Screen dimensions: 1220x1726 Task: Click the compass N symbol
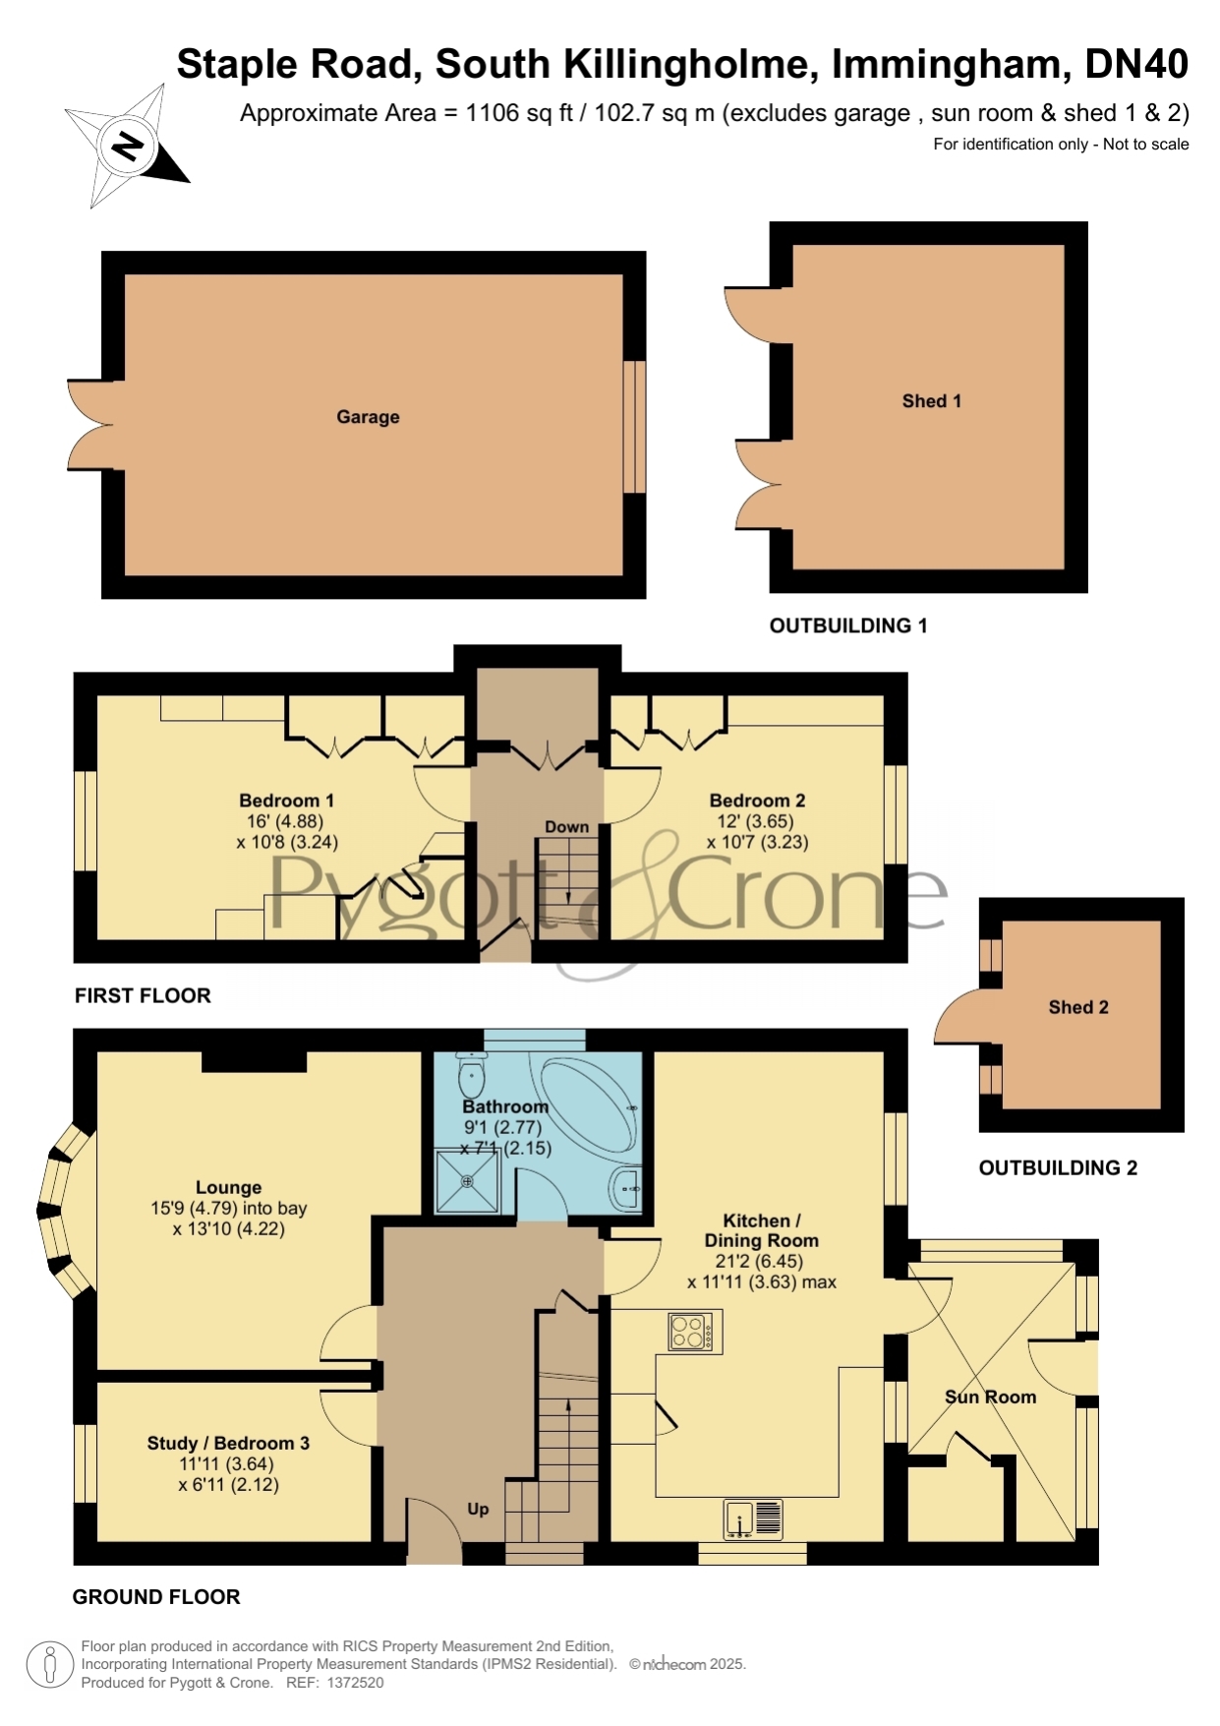[127, 147]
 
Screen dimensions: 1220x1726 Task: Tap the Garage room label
[368, 417]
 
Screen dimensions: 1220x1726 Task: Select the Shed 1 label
[932, 401]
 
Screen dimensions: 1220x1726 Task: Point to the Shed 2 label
[1078, 1007]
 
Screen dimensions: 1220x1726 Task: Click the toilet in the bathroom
[472, 1074]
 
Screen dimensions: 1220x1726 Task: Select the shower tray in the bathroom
[468, 1181]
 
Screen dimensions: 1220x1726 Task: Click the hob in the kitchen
[695, 1332]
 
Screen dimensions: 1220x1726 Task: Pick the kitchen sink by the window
[753, 1518]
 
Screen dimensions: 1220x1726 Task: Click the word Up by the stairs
[478, 1509]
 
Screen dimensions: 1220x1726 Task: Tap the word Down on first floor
[567, 827]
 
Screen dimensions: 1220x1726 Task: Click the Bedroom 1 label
[287, 801]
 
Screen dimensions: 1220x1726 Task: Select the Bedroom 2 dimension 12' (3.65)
[755, 821]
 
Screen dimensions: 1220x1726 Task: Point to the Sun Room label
[990, 1397]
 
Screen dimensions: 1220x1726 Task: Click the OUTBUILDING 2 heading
[1058, 1167]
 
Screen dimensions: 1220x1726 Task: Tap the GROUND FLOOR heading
[156, 1597]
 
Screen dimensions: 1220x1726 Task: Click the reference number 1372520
[355, 1683]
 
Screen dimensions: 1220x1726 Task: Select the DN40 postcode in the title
[1136, 64]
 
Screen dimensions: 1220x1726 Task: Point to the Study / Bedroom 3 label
[228, 1443]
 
